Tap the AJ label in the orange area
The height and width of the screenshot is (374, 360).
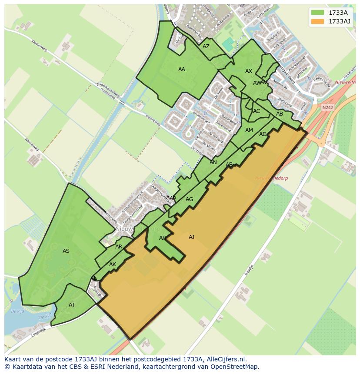(191, 237)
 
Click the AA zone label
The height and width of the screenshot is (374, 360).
(182, 69)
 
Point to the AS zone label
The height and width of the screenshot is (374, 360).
(66, 251)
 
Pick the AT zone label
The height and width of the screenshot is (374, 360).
(72, 304)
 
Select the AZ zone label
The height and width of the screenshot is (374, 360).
(206, 46)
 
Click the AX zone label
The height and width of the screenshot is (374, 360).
(249, 71)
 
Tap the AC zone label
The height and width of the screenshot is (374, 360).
(257, 111)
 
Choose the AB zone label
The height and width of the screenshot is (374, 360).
(280, 114)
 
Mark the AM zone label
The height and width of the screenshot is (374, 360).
(249, 130)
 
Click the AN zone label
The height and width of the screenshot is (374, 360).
(213, 162)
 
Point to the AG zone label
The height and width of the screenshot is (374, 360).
(189, 199)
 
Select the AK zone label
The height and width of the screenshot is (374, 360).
(113, 264)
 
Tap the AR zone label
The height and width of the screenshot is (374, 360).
(119, 246)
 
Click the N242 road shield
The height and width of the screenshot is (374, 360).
(327, 107)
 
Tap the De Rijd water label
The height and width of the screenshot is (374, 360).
(17, 311)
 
